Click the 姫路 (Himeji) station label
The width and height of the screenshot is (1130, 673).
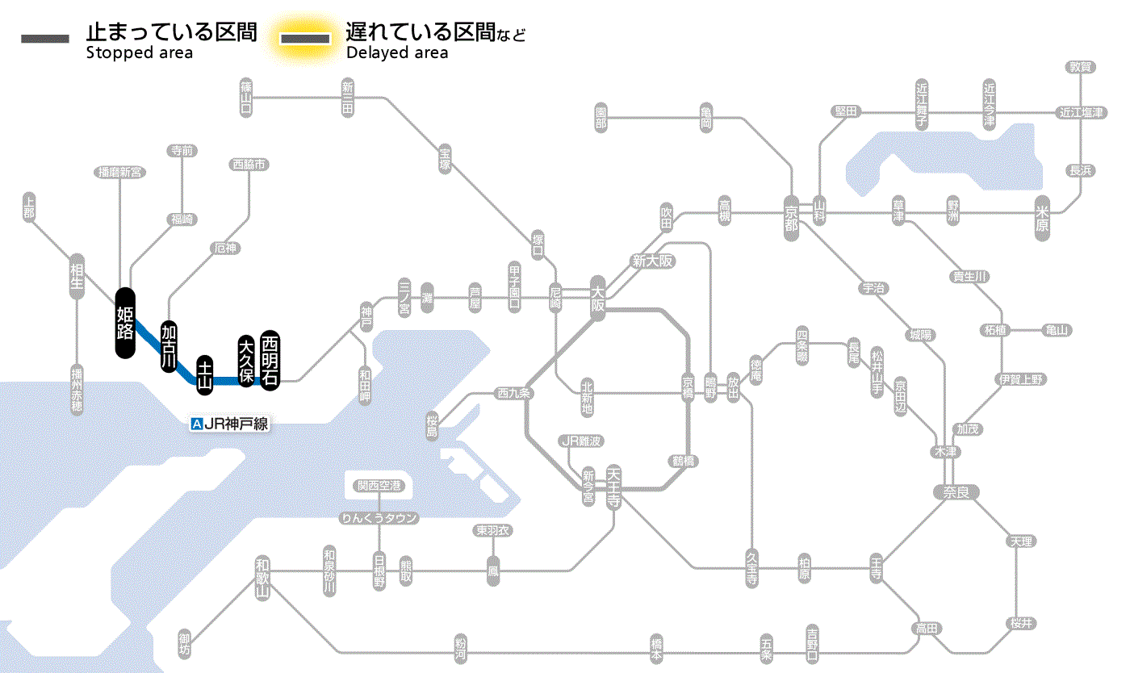coord(125,323)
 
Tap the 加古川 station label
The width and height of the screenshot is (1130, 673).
coord(169,345)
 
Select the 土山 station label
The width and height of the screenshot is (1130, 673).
coord(205,375)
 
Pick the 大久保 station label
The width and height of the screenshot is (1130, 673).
coord(246,361)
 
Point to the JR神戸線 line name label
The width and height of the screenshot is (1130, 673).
coord(236,424)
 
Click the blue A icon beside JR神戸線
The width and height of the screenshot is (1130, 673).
coord(196,424)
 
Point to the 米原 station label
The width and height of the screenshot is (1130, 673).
coord(1043,219)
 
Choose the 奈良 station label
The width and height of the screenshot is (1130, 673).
coord(956,491)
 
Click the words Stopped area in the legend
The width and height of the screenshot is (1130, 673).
coord(139,53)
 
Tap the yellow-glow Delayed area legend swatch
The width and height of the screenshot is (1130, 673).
coord(305,38)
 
